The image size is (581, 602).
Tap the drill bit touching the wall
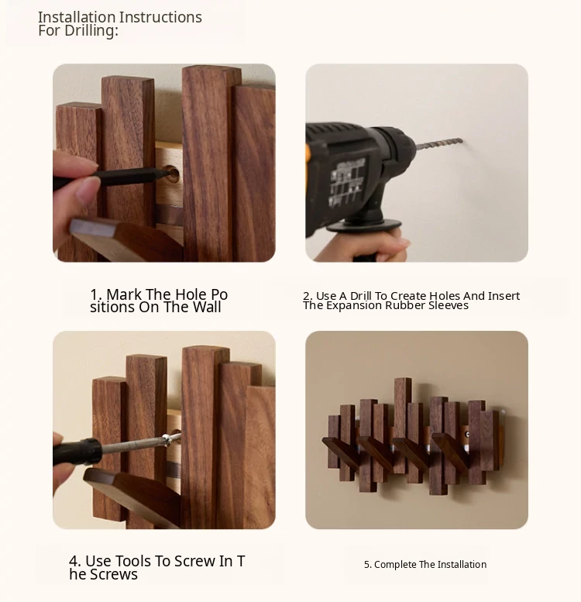439,143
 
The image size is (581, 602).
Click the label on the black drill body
347,181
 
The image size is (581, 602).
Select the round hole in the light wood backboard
172,174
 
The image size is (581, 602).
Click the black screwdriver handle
77,451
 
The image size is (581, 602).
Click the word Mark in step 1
124,294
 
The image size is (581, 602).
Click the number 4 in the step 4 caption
74,561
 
